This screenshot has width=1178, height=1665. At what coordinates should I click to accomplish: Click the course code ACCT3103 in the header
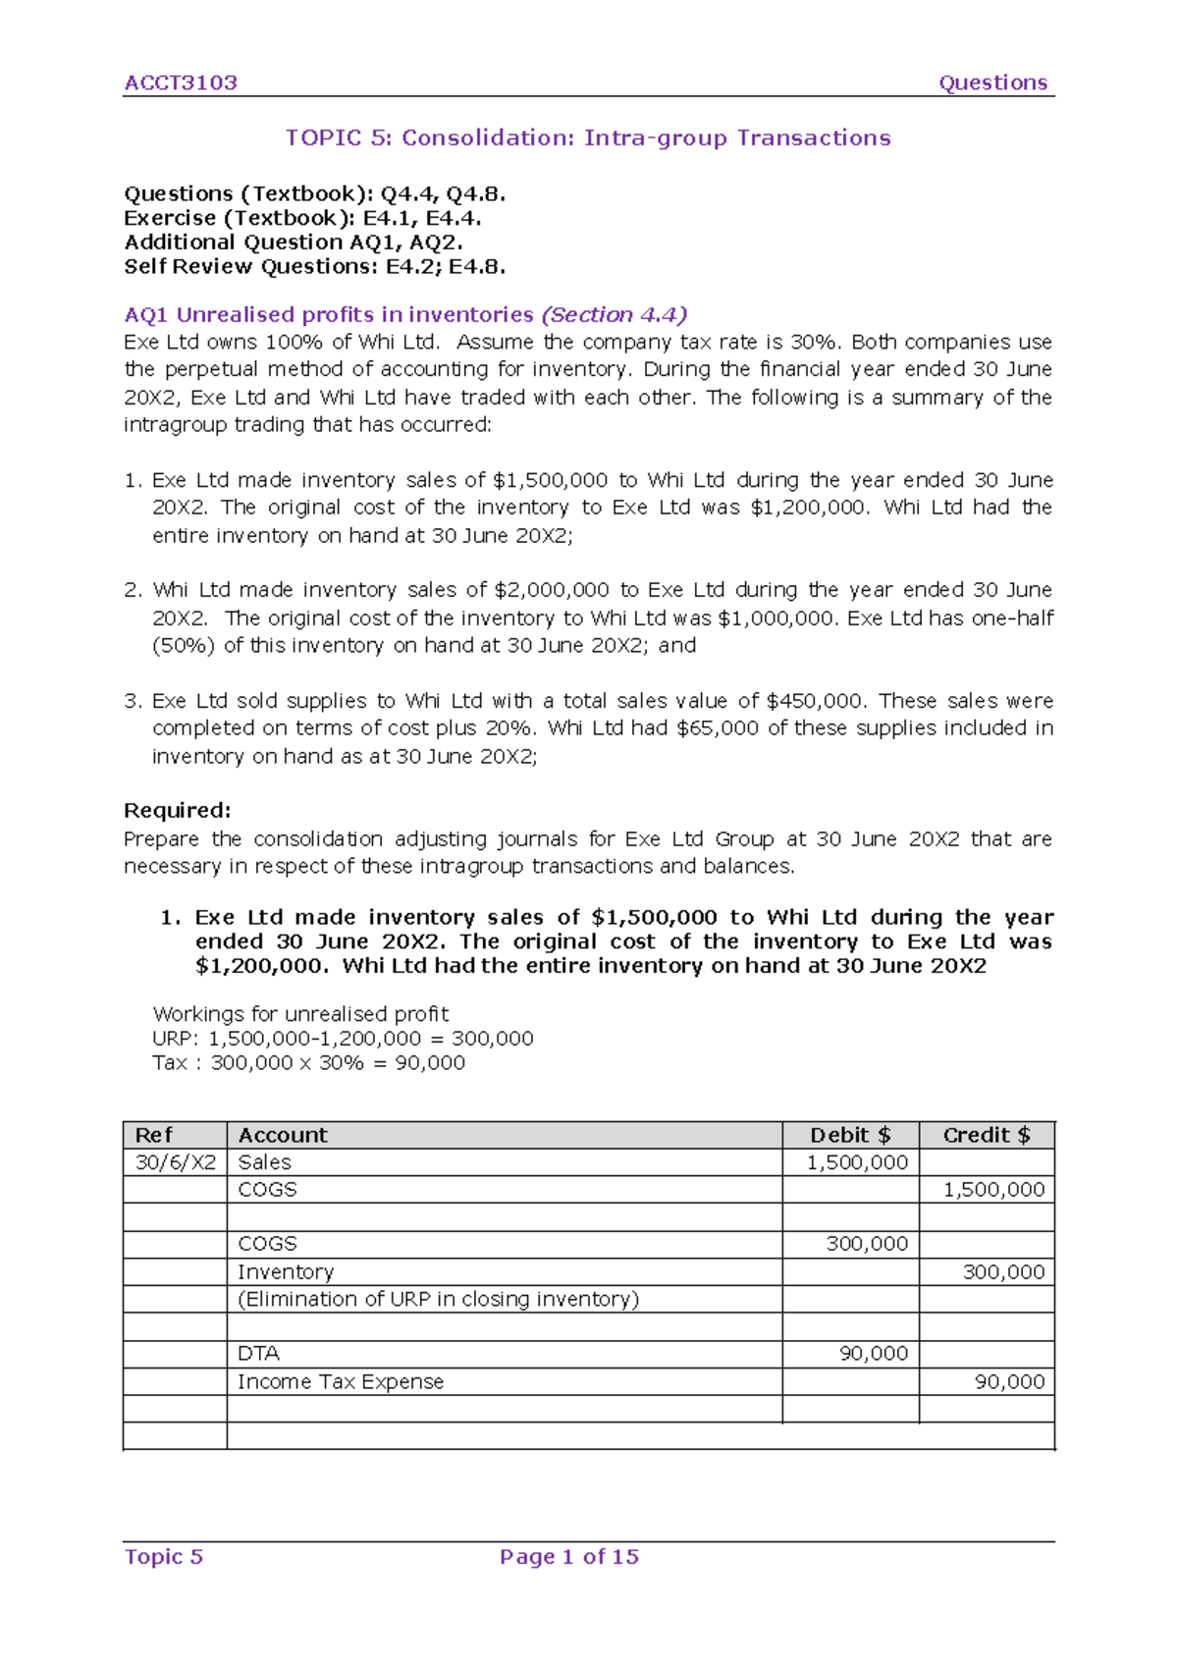point(181,82)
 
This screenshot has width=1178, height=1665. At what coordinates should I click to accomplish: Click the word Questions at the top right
point(992,82)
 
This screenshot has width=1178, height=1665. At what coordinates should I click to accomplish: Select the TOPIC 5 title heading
point(588,137)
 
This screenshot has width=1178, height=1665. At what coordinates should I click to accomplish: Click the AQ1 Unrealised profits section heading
point(404,314)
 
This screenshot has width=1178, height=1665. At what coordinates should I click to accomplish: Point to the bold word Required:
point(177,810)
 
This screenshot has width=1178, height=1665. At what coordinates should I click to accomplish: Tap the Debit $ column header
point(849,1135)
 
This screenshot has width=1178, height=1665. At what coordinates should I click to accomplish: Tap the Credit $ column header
point(986,1135)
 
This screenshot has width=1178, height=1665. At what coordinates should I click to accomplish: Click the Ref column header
point(153,1135)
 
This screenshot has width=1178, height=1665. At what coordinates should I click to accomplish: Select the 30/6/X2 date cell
point(175,1162)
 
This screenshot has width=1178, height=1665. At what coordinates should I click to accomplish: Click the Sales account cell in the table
point(264,1162)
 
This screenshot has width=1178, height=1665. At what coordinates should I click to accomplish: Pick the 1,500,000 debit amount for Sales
point(857,1162)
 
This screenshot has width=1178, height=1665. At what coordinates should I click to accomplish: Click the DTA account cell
point(258,1353)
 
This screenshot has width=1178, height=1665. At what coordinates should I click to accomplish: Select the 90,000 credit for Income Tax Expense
point(1009,1381)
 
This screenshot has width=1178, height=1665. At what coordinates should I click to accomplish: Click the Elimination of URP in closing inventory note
point(438,1299)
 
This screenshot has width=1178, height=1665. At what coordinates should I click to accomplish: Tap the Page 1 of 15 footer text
point(568,1556)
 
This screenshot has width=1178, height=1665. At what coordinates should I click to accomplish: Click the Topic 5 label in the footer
point(163,1556)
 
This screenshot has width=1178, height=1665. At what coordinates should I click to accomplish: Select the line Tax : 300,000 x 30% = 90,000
point(308,1062)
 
